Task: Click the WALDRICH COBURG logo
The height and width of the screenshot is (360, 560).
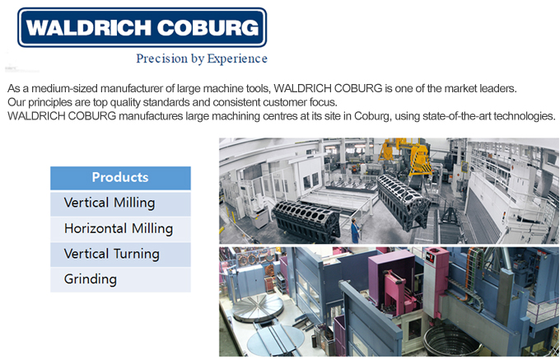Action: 142,27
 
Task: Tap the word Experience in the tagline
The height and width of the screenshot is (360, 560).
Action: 237,59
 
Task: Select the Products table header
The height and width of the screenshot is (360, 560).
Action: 120,177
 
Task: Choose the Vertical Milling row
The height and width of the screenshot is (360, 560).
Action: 120,203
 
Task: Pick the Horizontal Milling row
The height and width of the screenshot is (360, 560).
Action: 120,229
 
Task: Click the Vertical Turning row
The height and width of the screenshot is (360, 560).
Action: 120,255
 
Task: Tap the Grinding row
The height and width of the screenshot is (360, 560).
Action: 120,279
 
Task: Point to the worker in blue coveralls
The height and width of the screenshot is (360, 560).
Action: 355,231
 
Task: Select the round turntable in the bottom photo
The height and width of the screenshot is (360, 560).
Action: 258,308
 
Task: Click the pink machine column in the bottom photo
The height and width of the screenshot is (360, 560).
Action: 436,282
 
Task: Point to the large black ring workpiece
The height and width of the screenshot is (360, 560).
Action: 450,340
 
